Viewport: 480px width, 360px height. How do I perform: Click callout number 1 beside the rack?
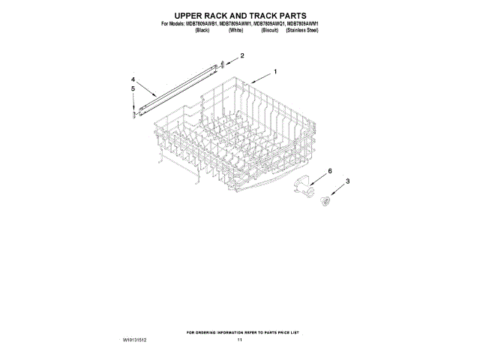pyautogui.click(x=275, y=72)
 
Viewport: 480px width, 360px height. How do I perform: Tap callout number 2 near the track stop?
pyautogui.click(x=241, y=55)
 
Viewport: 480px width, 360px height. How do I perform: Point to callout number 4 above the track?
pyautogui.click(x=133, y=79)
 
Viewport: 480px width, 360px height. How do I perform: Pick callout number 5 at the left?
pyautogui.click(x=133, y=88)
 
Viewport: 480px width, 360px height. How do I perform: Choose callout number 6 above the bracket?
pyautogui.click(x=328, y=172)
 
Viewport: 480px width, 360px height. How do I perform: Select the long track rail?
pyautogui.click(x=180, y=88)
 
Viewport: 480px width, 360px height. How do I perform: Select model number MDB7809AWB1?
pyautogui.click(x=208, y=24)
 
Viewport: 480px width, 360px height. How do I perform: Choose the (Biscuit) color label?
pyautogui.click(x=266, y=30)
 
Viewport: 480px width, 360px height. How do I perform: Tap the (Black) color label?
pyautogui.click(x=202, y=30)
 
